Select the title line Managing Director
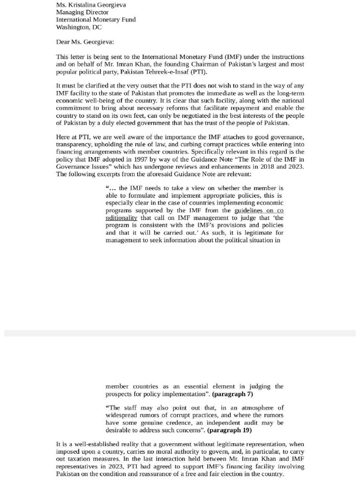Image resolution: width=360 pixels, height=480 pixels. [x=82, y=12]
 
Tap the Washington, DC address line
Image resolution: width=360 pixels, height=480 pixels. [x=79, y=27]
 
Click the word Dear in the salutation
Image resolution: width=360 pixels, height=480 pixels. [x=63, y=42]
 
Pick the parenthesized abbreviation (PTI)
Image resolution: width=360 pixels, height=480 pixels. [x=198, y=72]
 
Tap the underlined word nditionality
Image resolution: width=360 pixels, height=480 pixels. [x=121, y=218]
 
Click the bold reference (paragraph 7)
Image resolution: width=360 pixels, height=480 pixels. [x=232, y=394]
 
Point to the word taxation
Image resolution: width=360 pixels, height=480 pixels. [x=78, y=459]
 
